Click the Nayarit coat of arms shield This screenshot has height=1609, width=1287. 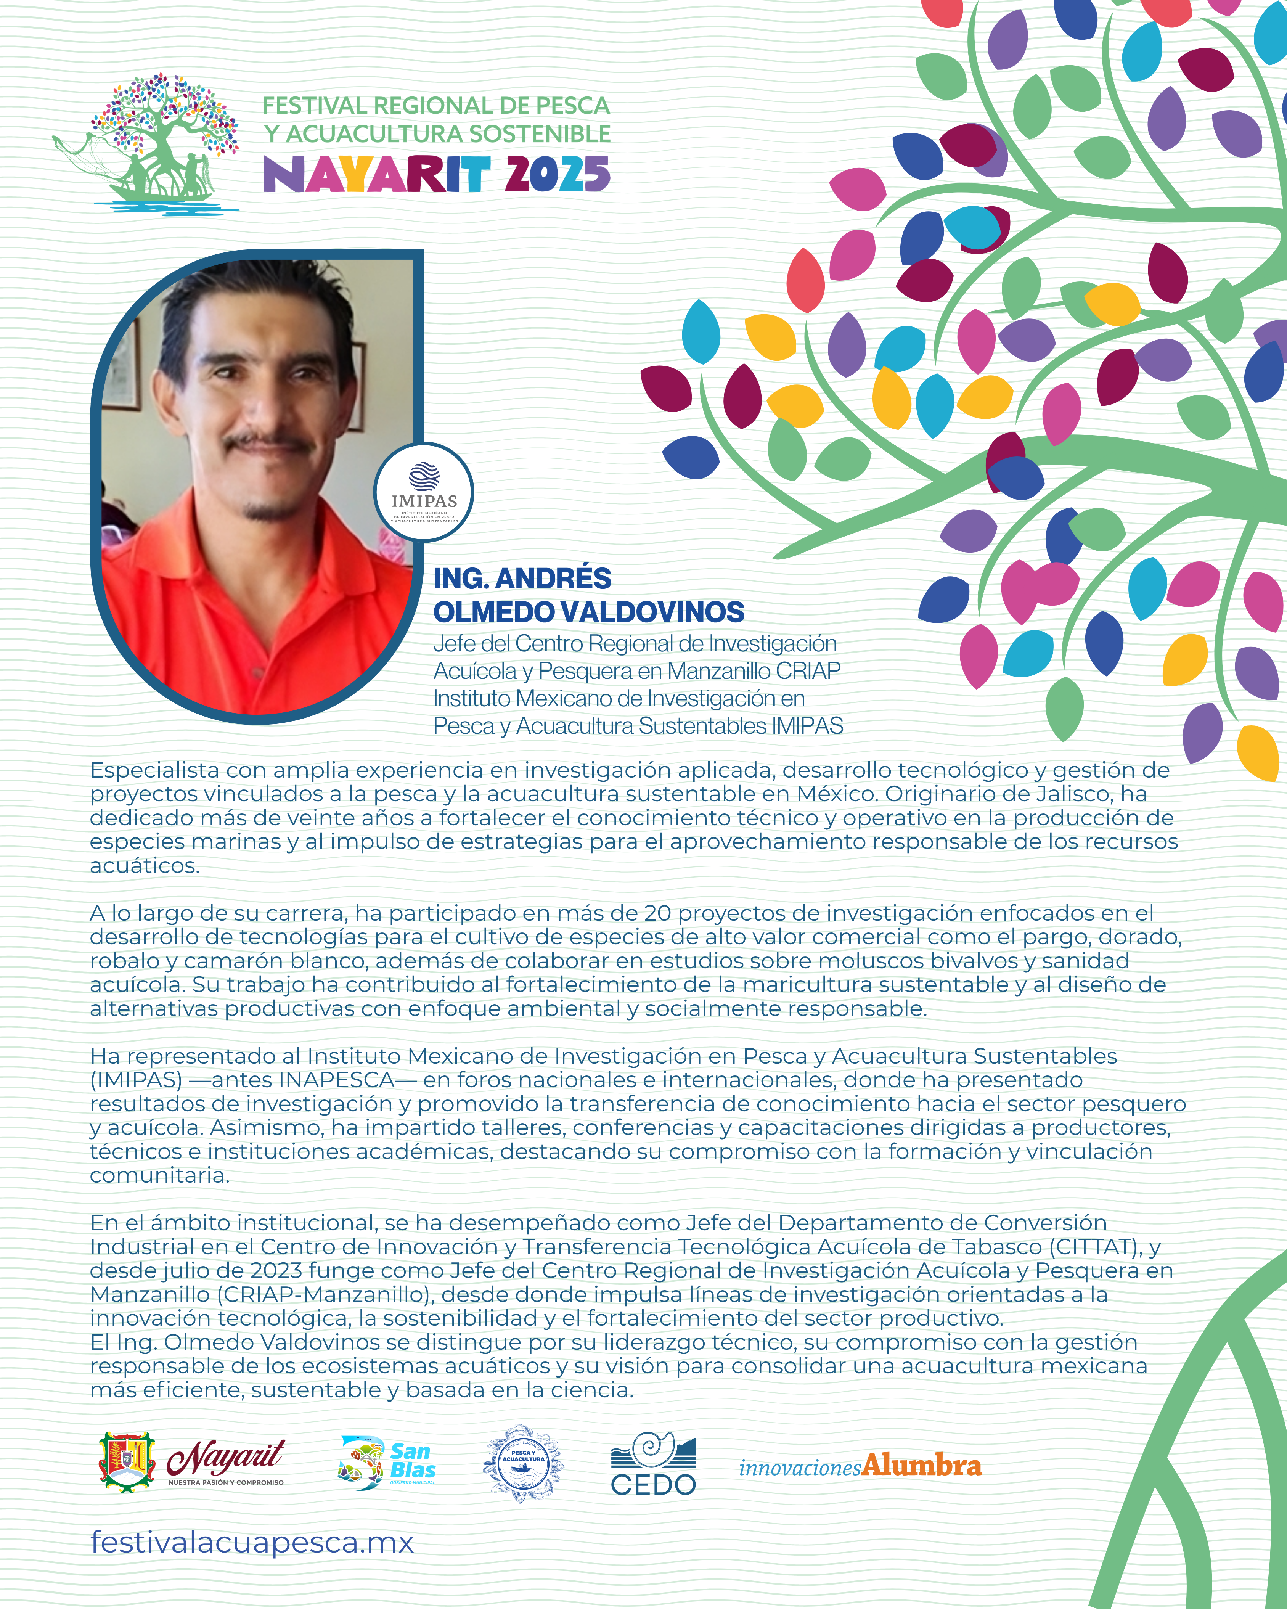point(128,1461)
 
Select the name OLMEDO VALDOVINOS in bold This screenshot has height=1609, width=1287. point(589,612)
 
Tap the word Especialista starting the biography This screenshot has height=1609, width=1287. point(154,770)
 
